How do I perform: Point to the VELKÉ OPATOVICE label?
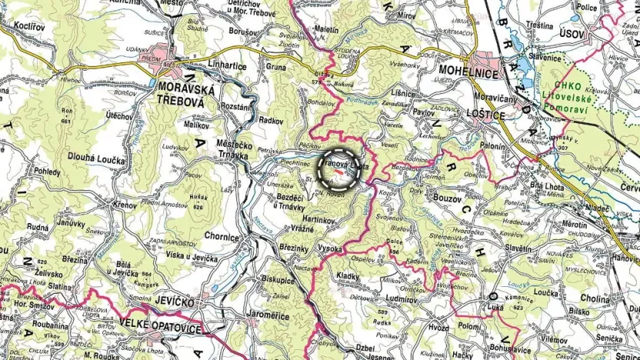[159, 328]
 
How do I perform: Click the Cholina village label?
[595, 298]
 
